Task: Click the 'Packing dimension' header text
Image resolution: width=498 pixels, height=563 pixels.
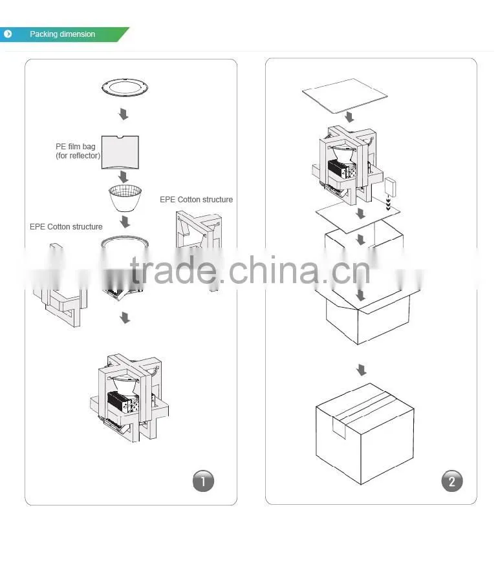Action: click(x=63, y=34)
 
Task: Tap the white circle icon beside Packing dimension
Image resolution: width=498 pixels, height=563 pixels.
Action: click(x=8, y=34)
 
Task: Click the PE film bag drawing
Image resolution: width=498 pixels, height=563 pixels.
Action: click(x=120, y=152)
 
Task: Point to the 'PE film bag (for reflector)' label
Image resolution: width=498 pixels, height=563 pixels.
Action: click(x=78, y=151)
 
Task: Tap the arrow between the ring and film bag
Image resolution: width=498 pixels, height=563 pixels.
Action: click(x=124, y=114)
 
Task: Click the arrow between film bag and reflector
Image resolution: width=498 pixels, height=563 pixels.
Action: click(x=124, y=176)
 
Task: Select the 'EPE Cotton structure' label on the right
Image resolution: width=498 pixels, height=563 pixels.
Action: click(x=196, y=200)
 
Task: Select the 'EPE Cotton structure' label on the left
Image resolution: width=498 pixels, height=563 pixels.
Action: click(x=66, y=227)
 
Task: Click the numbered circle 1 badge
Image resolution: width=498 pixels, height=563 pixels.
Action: click(x=203, y=481)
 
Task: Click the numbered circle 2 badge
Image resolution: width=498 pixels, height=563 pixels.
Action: click(x=451, y=481)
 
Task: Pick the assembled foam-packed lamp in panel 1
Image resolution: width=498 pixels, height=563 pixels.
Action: click(x=129, y=398)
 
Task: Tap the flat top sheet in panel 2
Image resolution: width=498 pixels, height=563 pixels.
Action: click(x=345, y=96)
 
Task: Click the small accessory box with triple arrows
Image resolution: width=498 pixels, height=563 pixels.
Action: click(x=390, y=187)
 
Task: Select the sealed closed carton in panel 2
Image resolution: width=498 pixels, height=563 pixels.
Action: click(x=365, y=434)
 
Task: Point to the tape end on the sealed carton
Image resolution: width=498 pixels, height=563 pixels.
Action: click(x=339, y=428)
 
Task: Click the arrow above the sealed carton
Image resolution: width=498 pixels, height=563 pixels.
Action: click(x=362, y=370)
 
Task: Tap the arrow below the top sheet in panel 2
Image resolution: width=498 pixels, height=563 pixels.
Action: click(x=349, y=117)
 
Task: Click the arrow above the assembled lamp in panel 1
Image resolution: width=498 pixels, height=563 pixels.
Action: click(x=125, y=317)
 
